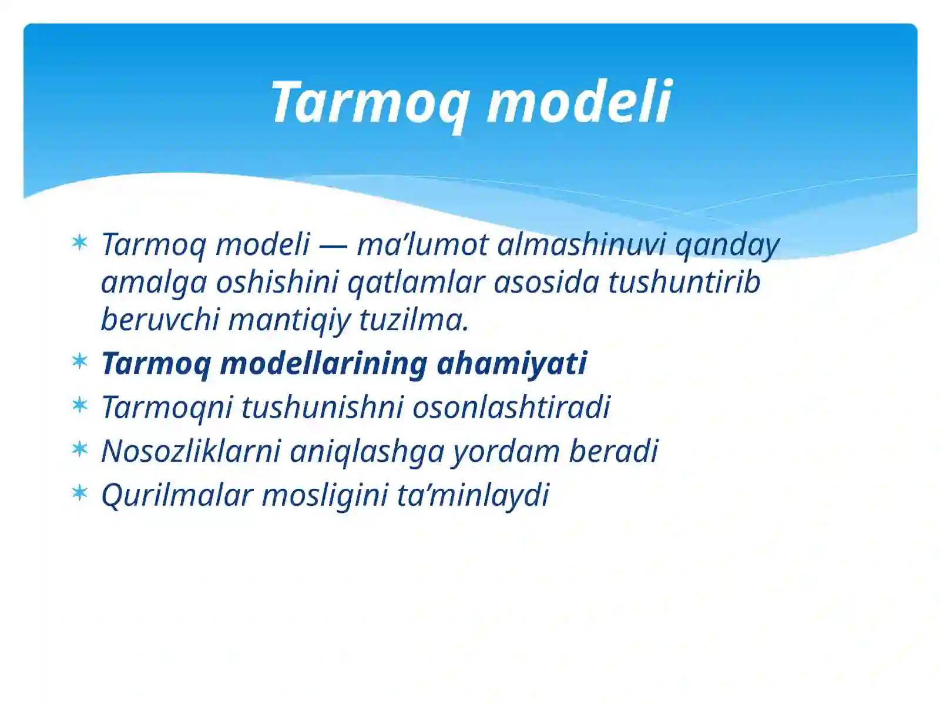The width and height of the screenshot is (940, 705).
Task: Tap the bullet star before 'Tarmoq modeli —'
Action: pyautogui.click(x=79, y=242)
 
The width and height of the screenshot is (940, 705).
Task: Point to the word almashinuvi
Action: pyautogui.click(x=581, y=244)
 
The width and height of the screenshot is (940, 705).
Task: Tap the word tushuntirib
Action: pyautogui.click(x=684, y=282)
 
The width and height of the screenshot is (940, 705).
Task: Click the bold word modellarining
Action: pyautogui.click(x=323, y=363)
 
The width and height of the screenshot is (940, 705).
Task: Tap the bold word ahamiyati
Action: pyautogui.click(x=512, y=363)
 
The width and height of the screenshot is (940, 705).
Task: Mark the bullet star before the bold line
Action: pyautogui.click(x=79, y=361)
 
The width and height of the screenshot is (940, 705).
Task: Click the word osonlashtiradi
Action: pyautogui.click(x=511, y=407)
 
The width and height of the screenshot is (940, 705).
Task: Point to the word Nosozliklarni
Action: pyautogui.click(x=191, y=451)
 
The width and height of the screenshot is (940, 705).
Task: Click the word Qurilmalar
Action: pyautogui.click(x=177, y=495)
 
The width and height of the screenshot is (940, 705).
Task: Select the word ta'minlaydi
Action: pyautogui.click(x=472, y=495)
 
